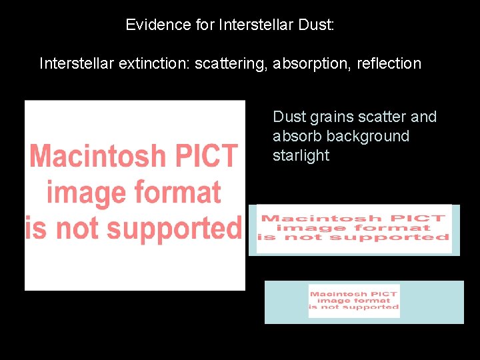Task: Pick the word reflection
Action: pyautogui.click(x=389, y=64)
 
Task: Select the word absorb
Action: pyautogui.click(x=295, y=137)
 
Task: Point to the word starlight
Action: pyautogui.click(x=301, y=156)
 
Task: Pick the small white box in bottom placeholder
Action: pyautogui.click(x=354, y=301)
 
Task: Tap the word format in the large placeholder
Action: pyautogui.click(x=177, y=192)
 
